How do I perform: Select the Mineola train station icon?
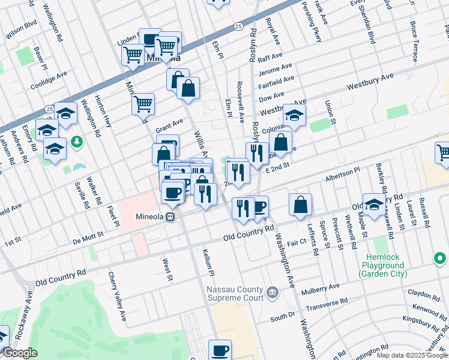(x=171, y=217)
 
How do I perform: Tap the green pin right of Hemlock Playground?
(x=440, y=259)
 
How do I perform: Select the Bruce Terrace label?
(x=414, y=42)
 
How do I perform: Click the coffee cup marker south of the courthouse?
(x=220, y=350)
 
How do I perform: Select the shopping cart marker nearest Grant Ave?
(x=143, y=104)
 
